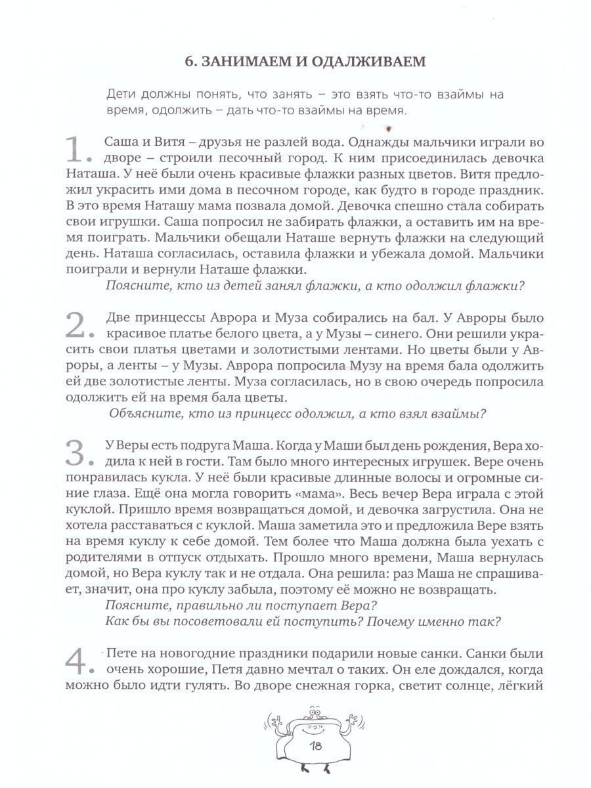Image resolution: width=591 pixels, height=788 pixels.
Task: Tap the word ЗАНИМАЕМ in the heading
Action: [247, 62]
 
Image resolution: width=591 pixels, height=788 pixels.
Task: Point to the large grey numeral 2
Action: [83, 324]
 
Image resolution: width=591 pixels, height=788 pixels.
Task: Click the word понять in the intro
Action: [221, 95]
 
